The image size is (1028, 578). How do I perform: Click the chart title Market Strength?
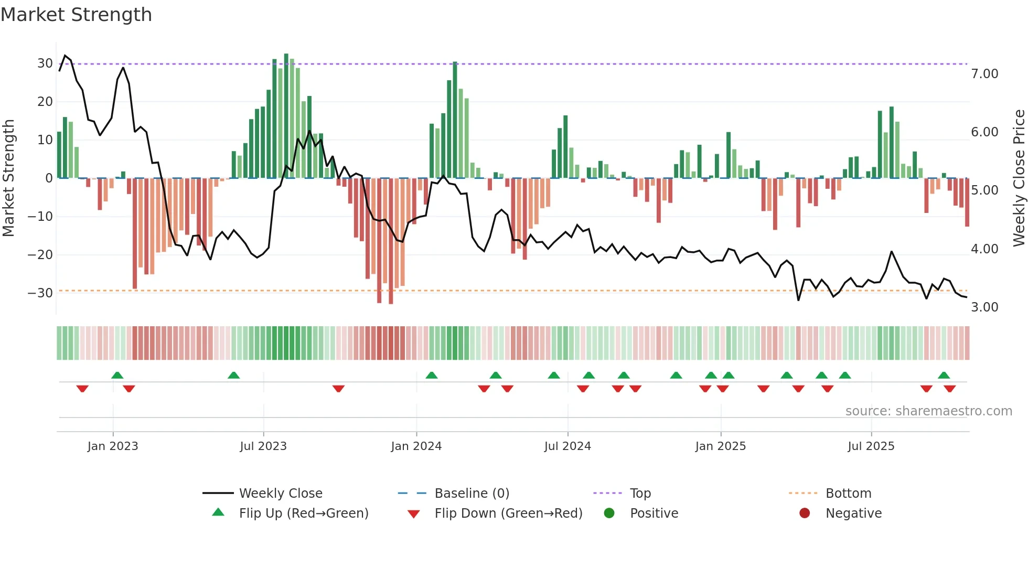[x=77, y=15]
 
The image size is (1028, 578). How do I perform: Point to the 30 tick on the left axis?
[x=45, y=63]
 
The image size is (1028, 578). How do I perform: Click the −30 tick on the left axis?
[x=40, y=293]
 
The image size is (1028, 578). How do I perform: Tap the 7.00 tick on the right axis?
[x=984, y=74]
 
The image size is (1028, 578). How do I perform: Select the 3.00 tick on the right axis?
[x=984, y=307]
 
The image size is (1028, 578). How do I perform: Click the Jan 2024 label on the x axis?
[x=416, y=446]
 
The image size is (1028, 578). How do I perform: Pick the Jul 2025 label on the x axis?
[x=871, y=446]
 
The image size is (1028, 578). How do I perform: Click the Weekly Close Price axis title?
[x=1019, y=178]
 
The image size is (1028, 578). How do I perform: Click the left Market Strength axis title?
[x=8, y=178]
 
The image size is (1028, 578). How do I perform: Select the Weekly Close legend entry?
[x=280, y=494]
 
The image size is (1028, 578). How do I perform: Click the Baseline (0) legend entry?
[x=472, y=494]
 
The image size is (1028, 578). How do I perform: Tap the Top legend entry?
[x=640, y=494]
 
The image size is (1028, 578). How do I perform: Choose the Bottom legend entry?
[x=848, y=494]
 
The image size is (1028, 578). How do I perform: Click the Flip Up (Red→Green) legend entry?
[x=303, y=513]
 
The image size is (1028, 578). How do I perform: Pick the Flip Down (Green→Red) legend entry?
[x=508, y=513]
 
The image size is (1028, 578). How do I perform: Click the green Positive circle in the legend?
[x=609, y=513]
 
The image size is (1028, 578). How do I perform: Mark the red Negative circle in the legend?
[x=805, y=513]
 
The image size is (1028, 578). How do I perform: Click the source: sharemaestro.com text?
[x=928, y=411]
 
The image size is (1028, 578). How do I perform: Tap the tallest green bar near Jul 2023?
[x=286, y=115]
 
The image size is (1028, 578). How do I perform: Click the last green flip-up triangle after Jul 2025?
[x=944, y=375]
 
